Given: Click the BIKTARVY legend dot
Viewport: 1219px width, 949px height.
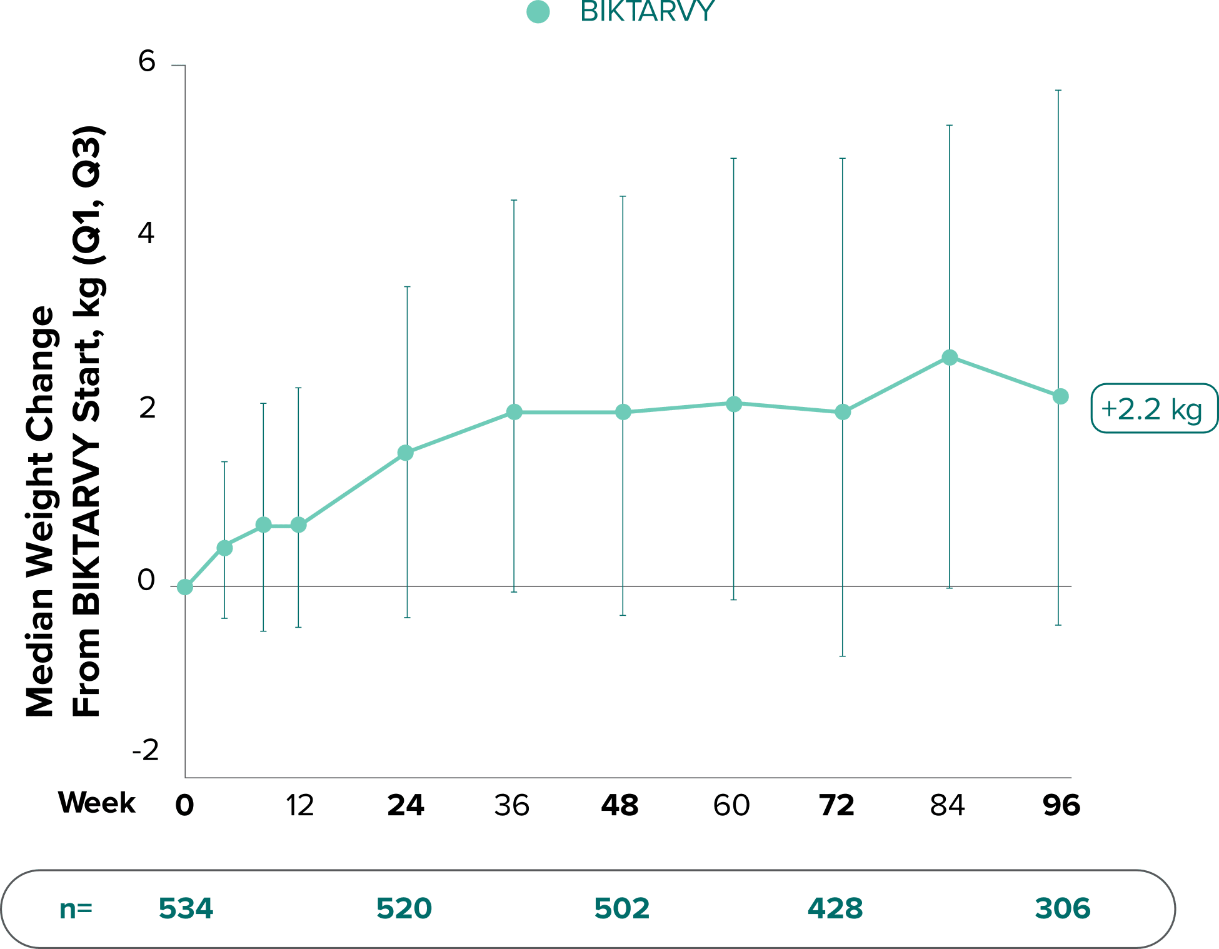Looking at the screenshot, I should pyautogui.click(x=538, y=13).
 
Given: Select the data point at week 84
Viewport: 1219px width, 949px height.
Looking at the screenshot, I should pyautogui.click(x=950, y=358).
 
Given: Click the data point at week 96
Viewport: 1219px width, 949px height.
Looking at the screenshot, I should pyautogui.click(x=1060, y=396).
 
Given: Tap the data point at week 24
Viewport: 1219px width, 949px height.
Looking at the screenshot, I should pyautogui.click(x=406, y=453).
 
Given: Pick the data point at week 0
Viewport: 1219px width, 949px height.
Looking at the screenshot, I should pyautogui.click(x=185, y=587).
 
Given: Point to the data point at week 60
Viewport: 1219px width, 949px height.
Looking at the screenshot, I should pyautogui.click(x=734, y=404).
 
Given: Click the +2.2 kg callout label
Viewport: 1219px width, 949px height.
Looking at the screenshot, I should pyautogui.click(x=1153, y=409).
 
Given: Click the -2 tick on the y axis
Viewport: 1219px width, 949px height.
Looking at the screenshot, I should pyautogui.click(x=146, y=750).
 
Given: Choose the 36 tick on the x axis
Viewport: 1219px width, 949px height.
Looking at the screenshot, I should pyautogui.click(x=511, y=806).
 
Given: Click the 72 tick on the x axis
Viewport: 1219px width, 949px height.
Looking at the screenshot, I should pyautogui.click(x=837, y=806).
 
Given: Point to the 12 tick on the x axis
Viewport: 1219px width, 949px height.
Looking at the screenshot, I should pyautogui.click(x=299, y=806).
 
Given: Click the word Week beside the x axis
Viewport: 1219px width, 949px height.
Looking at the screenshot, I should pyautogui.click(x=97, y=803).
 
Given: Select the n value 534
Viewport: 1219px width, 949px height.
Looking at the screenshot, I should pyautogui.click(x=186, y=908).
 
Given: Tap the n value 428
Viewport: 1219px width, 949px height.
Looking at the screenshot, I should pyautogui.click(x=835, y=908).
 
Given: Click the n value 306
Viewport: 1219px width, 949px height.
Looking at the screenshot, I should pyautogui.click(x=1062, y=908).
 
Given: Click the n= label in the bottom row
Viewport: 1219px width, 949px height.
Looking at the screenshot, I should pyautogui.click(x=76, y=908).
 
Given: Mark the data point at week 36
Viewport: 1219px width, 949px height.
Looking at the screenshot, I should pyautogui.click(x=514, y=412).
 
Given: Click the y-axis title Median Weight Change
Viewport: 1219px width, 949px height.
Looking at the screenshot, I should pyautogui.click(x=41, y=511).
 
